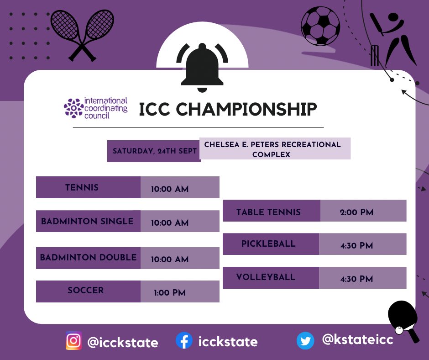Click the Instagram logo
coord(73,341)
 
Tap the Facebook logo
coord(184,341)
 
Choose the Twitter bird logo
coord(305,341)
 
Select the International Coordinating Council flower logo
coord(73,108)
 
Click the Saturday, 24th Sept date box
coord(154,151)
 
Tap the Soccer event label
coord(86,291)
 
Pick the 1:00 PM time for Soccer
coord(170,292)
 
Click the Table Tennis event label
coord(268,212)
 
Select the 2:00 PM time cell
coord(356,212)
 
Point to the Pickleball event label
coord(268,244)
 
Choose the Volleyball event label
coord(266,277)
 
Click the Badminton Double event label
coord(88,257)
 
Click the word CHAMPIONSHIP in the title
coord(246,110)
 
